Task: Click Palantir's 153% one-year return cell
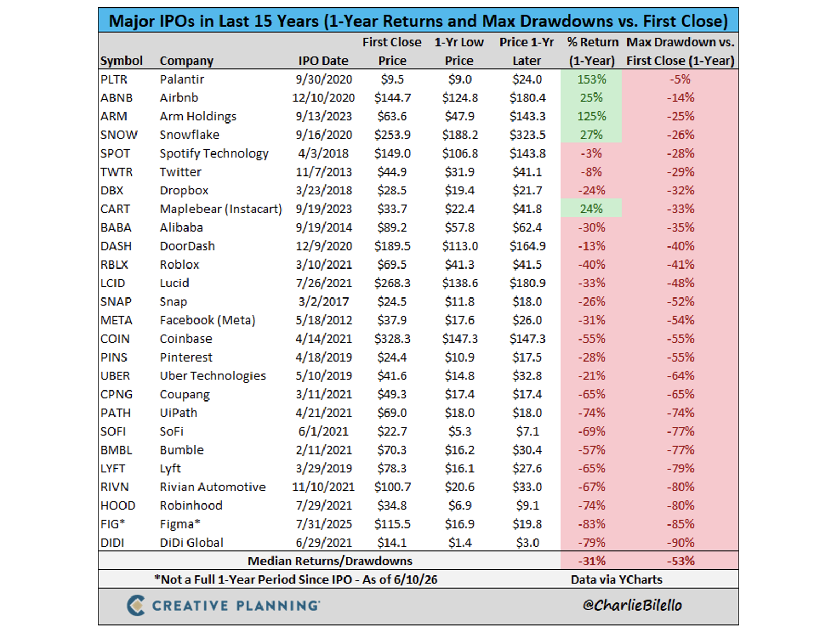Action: click(591, 79)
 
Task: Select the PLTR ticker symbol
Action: click(113, 79)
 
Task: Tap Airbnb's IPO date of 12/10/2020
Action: click(323, 98)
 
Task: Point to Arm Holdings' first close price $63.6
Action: click(392, 116)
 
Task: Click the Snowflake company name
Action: click(190, 135)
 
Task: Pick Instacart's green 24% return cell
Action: click(591, 209)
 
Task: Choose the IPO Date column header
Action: click(323, 60)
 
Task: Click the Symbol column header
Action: click(121, 60)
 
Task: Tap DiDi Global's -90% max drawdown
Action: click(681, 542)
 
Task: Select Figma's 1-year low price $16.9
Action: click(459, 524)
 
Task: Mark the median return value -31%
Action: click(591, 561)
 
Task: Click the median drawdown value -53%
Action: click(681, 561)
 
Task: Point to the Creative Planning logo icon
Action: click(136, 605)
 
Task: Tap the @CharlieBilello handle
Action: click(632, 605)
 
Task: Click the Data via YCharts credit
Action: click(616, 580)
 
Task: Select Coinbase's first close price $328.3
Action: click(392, 339)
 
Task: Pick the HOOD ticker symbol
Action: click(118, 506)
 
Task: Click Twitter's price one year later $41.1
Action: click(527, 172)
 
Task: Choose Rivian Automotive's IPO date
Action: click(323, 487)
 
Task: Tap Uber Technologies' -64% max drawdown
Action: click(681, 376)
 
